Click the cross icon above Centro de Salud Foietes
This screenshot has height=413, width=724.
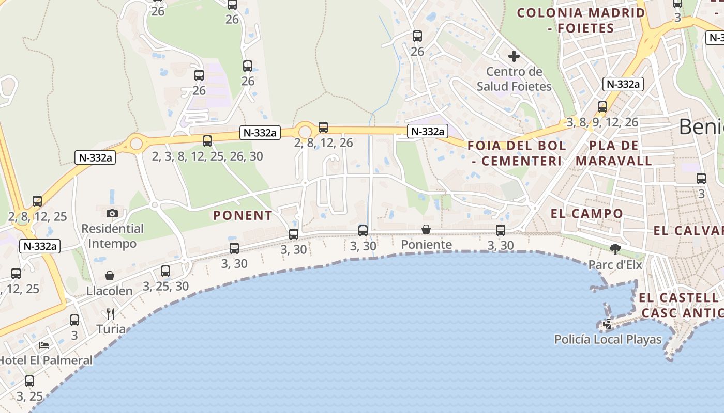[x=514, y=56]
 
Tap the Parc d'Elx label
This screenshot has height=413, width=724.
[x=615, y=265]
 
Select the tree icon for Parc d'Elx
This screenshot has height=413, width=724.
[x=615, y=250]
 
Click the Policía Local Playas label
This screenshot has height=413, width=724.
[x=608, y=339]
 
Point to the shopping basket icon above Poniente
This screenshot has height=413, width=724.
[x=426, y=229]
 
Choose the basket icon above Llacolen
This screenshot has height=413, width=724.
[x=110, y=276]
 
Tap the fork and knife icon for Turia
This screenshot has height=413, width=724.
[x=110, y=313]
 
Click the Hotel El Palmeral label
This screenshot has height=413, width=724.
[x=46, y=360]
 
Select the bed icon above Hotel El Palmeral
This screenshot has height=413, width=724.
[x=44, y=345]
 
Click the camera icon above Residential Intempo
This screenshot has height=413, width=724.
[x=112, y=213]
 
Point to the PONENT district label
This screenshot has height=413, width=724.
[x=243, y=215]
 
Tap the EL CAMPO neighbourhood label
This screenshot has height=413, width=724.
[x=587, y=213]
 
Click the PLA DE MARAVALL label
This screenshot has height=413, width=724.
[x=614, y=153]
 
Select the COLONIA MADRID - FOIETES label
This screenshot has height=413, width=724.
[x=581, y=20]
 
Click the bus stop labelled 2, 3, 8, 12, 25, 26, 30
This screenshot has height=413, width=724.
[x=207, y=140]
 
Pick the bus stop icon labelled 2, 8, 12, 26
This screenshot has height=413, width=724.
[x=323, y=127]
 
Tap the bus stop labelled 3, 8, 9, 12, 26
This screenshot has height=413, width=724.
[x=602, y=107]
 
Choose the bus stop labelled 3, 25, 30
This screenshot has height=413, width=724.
[x=165, y=271]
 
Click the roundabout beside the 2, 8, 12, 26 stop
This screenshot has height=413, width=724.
[x=305, y=131]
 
